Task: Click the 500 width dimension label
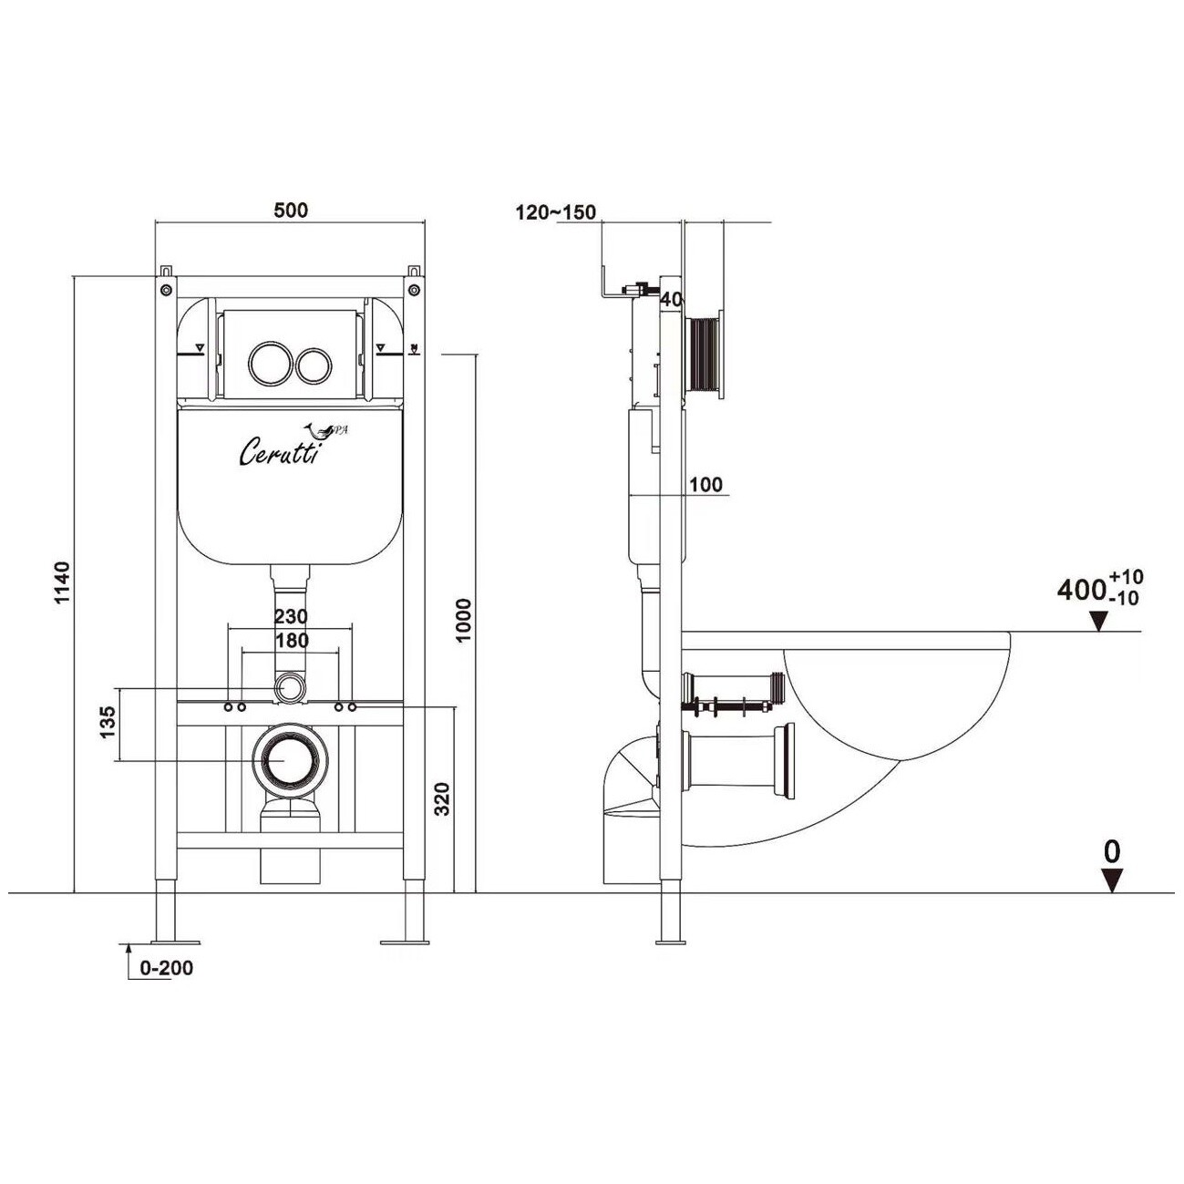pyautogui.click(x=290, y=211)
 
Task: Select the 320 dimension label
pyautogui.click(x=443, y=798)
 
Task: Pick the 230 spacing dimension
pyautogui.click(x=291, y=615)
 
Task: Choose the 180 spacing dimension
pyautogui.click(x=292, y=640)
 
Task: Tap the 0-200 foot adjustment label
pyautogui.click(x=166, y=968)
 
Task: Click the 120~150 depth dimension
pyautogui.click(x=555, y=212)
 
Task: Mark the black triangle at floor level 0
pyautogui.click(x=1112, y=880)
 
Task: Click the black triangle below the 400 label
pyautogui.click(x=1098, y=622)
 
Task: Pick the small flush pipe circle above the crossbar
pyautogui.click(x=290, y=687)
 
